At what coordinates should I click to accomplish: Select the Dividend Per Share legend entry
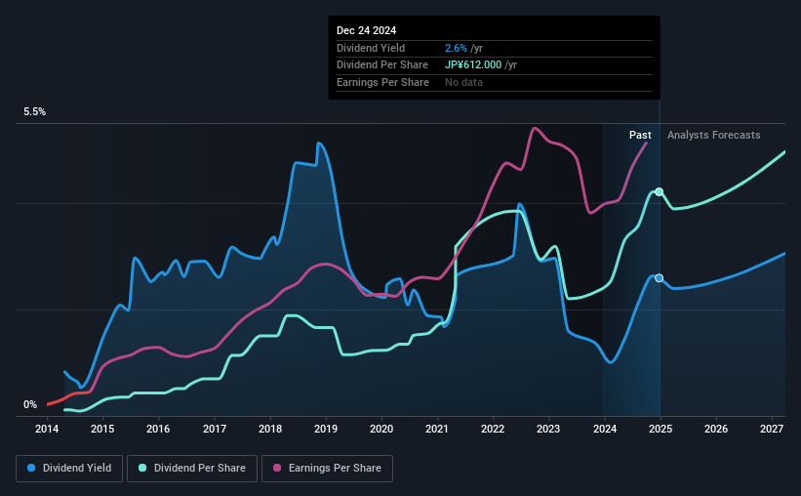(x=197, y=469)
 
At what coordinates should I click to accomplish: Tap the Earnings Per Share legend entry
(x=328, y=469)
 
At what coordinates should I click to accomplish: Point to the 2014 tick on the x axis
(x=48, y=429)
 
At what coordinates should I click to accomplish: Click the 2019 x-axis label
(x=326, y=429)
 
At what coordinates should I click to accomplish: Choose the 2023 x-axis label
(x=548, y=429)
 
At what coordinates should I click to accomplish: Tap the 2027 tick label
(x=771, y=429)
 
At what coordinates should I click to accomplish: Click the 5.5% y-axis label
(x=35, y=112)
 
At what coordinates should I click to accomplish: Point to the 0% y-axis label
(x=30, y=404)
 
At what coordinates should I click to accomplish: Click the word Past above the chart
(x=640, y=135)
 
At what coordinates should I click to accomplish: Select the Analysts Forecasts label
(x=713, y=135)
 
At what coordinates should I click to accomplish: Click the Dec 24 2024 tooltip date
(x=369, y=30)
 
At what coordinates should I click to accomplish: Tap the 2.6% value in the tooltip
(x=455, y=48)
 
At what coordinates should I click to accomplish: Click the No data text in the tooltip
(x=463, y=82)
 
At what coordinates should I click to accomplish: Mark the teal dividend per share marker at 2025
(x=660, y=191)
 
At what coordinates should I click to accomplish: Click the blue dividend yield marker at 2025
(x=660, y=278)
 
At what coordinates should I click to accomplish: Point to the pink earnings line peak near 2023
(x=534, y=128)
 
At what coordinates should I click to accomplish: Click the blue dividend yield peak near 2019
(x=318, y=144)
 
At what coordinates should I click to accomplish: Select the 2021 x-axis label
(x=437, y=429)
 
